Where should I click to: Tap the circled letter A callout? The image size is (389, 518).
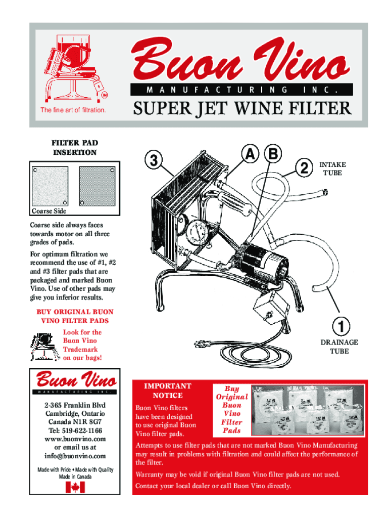click(x=249, y=155)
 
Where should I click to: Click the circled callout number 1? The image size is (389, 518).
click(x=339, y=325)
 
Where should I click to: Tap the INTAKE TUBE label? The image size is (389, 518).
click(x=332, y=169)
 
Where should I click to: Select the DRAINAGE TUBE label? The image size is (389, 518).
click(x=339, y=347)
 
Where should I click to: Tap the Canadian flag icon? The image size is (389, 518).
click(x=75, y=487)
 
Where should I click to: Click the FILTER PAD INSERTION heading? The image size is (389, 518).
click(x=75, y=148)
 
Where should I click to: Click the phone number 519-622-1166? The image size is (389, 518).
click(x=75, y=430)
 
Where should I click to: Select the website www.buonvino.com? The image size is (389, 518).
click(x=75, y=439)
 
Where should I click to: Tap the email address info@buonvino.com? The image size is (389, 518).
click(x=75, y=456)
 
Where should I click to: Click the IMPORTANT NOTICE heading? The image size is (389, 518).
click(x=168, y=391)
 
